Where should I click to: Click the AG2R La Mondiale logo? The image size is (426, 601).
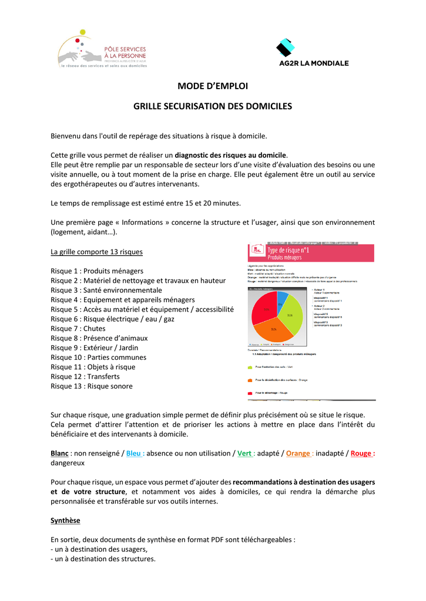313,53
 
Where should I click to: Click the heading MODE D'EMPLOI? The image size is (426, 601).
213,86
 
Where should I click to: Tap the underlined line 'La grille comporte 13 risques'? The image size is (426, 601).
96,252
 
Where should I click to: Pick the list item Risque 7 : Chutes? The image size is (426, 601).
78,329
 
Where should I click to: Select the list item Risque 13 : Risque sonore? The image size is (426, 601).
92,386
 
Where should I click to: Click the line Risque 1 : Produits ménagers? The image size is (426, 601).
97,271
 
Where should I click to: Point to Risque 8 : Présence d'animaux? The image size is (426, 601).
99,338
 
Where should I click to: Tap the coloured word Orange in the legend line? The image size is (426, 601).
298,453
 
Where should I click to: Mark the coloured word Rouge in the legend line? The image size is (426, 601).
361,453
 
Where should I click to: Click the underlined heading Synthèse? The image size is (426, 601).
65,521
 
